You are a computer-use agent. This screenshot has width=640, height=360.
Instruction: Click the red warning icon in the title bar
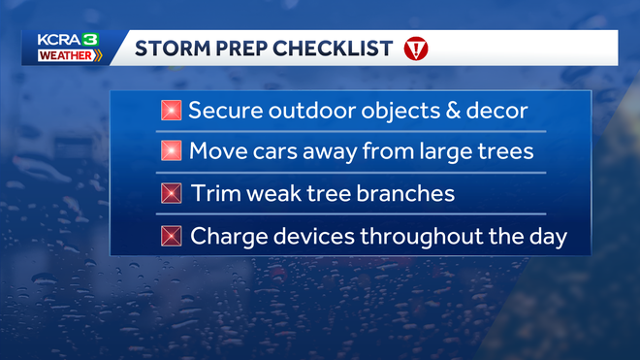tap(415, 49)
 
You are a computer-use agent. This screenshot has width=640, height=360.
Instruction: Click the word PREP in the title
tap(237, 49)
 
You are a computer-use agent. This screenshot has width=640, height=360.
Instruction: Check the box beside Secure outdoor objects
tap(172, 111)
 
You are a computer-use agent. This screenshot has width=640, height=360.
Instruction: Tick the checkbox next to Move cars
tap(172, 151)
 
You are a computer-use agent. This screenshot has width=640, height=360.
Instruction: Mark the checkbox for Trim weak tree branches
tap(172, 193)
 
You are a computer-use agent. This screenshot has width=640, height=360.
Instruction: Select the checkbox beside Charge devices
tap(172, 236)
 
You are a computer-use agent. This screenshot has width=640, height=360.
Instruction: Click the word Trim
tap(212, 193)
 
